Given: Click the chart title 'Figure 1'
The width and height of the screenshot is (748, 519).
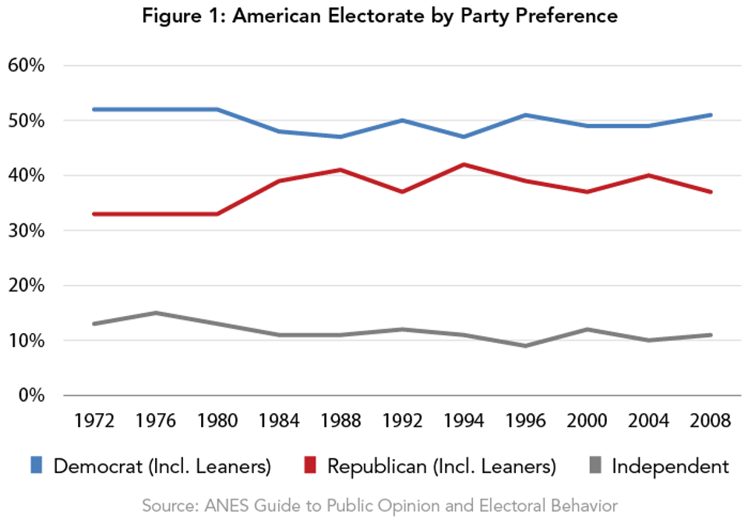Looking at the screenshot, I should pos(379,16).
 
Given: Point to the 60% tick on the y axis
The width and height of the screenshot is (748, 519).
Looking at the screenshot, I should pos(26,65).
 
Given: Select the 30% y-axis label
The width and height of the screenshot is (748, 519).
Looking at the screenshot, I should pos(26,231).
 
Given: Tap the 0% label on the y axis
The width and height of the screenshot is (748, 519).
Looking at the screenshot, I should pos(30,395).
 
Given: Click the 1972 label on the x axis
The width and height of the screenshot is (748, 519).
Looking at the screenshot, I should pos(93,421).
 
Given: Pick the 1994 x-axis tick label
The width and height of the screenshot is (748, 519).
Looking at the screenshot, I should pos(464,421).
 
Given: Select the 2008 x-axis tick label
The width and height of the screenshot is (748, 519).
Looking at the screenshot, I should pos(710,421).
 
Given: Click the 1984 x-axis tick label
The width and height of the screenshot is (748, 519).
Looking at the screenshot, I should pos(278,421).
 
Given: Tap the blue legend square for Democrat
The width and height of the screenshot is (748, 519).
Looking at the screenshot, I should pos(37,465).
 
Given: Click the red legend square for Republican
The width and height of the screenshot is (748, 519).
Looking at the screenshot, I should pos(310,465).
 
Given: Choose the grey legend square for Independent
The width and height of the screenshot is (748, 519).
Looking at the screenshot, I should pos(595,465).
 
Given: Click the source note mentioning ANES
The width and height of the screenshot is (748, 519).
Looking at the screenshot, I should pos(379,505).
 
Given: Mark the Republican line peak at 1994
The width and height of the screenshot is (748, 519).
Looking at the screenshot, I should pos(464,164).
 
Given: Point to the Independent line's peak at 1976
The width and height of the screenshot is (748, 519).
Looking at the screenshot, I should pos(155,313).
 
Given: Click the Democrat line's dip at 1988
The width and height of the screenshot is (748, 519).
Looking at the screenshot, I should pos(340,137).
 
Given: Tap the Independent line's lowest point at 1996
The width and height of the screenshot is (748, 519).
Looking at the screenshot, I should pos(525,345).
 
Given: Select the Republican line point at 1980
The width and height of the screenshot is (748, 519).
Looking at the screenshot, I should pos(217,214).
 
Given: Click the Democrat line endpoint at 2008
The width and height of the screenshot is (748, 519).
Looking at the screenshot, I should pos(710,115).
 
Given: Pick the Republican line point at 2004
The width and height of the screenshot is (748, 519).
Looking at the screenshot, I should pos(648,175).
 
